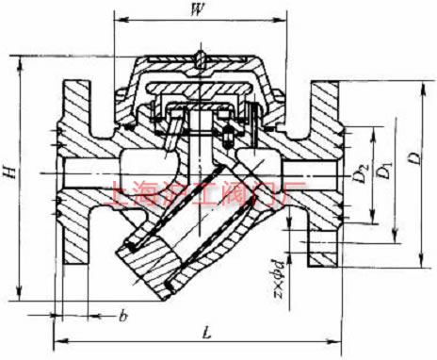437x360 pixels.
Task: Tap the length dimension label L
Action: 205,332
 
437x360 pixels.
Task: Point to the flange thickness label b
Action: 122,315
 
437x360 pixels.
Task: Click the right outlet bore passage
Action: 301,175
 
